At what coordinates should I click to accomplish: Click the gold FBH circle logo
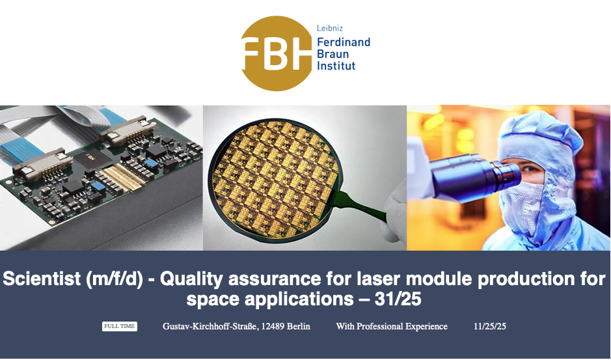click(x=277, y=53)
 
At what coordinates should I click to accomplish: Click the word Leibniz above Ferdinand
click(x=330, y=28)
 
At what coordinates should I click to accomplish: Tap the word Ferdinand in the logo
click(x=344, y=42)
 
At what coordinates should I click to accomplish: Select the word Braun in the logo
click(x=333, y=54)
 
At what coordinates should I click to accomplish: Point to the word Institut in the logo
click(x=336, y=66)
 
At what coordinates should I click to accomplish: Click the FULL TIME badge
click(x=120, y=326)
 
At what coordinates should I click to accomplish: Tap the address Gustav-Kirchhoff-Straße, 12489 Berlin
click(x=237, y=326)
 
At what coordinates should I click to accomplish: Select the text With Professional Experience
click(x=392, y=326)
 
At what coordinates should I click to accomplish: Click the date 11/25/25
click(x=490, y=326)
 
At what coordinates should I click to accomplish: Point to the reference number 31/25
click(x=398, y=299)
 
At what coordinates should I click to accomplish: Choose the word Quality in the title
click(x=191, y=279)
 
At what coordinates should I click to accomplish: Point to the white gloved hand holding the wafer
click(x=393, y=211)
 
